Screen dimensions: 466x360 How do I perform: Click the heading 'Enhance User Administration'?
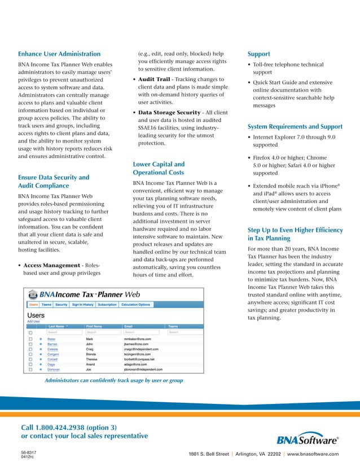pyautogui.click(x=59, y=54)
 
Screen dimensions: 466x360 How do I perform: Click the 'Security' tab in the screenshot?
pyautogui.click(x=61, y=305)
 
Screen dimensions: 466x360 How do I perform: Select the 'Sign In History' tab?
pyautogui.click(x=82, y=305)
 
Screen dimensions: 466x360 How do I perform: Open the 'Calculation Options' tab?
pyautogui.click(x=136, y=305)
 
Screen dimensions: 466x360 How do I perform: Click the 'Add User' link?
pyautogui.click(x=33, y=321)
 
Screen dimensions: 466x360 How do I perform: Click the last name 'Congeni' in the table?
pyautogui.click(x=54, y=354)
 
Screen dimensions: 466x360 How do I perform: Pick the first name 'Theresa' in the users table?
pyautogui.click(x=93, y=359)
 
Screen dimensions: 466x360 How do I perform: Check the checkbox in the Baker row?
pyautogui.click(x=30, y=339)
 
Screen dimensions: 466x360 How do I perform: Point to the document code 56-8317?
pyautogui.click(x=28, y=452)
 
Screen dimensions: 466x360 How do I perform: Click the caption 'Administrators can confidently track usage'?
pyautogui.click(x=113, y=381)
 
